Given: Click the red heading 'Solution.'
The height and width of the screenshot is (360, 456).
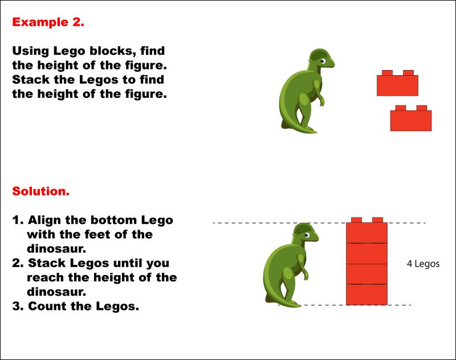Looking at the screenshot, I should click(40, 191).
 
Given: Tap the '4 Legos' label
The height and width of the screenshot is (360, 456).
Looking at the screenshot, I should click(423, 264).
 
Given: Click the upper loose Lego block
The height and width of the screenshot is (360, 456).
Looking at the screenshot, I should click(397, 84).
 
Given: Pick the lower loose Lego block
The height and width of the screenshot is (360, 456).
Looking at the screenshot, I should click(410, 120).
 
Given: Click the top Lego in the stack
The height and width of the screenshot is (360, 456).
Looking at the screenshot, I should click(367, 232).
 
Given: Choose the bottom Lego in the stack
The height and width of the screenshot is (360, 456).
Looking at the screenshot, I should click(367, 294).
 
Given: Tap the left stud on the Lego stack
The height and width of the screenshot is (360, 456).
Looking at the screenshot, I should click(356, 220).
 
